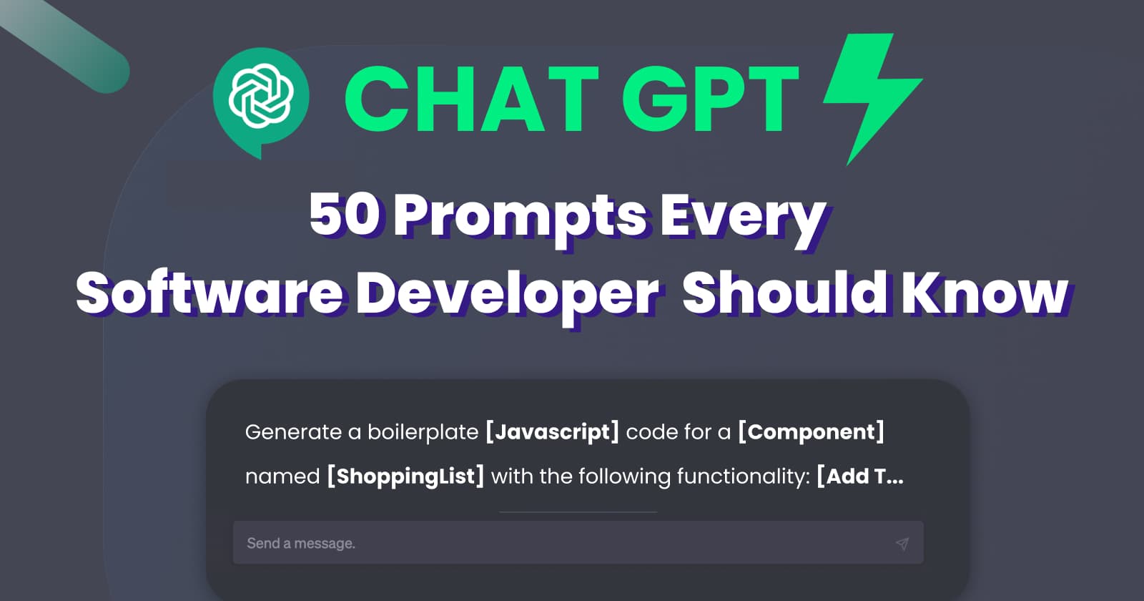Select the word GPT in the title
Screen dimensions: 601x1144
[x=710, y=99]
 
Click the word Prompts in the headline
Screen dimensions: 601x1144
[x=521, y=217]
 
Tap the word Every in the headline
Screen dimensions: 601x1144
[x=742, y=217]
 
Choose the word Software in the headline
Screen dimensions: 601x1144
[x=209, y=293]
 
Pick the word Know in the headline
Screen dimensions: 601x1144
[x=985, y=293]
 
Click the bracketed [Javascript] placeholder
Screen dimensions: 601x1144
[x=552, y=432]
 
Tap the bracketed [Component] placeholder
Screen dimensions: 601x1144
[x=811, y=432]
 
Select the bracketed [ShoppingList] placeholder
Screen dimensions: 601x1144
[x=405, y=477]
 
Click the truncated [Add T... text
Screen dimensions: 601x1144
[x=860, y=477]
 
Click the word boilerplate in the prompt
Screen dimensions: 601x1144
[x=423, y=432]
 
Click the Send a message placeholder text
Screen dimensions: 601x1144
[x=301, y=544]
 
